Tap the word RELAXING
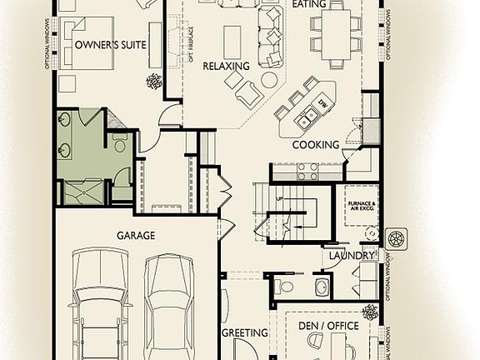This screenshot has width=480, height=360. click(226, 66)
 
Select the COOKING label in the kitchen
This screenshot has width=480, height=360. click(315, 145)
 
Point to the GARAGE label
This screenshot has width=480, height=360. click(136, 236)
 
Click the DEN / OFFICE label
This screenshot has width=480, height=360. click(329, 325)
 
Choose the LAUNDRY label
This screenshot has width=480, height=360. click(352, 255)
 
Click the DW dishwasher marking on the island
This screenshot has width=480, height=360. click(322, 103)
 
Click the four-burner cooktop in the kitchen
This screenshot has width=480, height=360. click(307, 171)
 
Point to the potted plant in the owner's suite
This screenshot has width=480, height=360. click(154, 81)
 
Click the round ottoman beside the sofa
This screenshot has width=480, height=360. click(268, 80)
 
